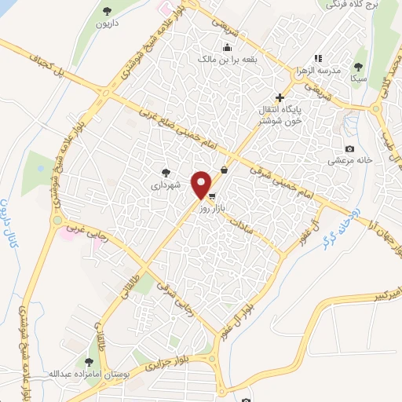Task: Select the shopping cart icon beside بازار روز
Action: (211, 197)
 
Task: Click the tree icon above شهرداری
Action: (165, 172)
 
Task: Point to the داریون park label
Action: (108, 24)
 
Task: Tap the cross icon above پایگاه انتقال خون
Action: (280, 97)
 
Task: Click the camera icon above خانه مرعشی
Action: (349, 149)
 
